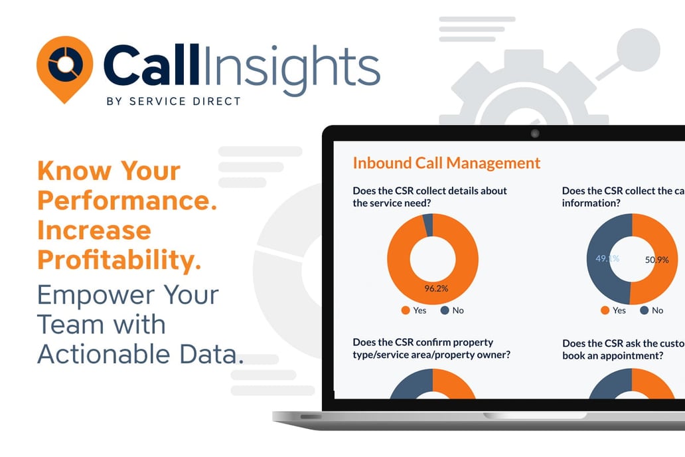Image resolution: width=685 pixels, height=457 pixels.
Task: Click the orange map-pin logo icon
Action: click(x=64, y=67)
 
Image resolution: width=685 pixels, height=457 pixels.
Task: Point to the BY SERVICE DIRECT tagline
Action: click(x=173, y=102)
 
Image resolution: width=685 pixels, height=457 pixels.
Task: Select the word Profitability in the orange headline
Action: click(x=118, y=259)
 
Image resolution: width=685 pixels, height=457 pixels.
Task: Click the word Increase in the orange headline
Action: click(x=94, y=230)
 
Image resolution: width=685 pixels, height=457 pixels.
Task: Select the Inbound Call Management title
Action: click(x=446, y=163)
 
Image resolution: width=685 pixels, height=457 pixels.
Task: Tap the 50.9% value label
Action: click(x=656, y=260)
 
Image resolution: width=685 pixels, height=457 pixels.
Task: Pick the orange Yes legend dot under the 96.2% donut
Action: click(x=405, y=310)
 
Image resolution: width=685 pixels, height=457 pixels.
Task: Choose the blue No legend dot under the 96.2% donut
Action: click(x=443, y=310)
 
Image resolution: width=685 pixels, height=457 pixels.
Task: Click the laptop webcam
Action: click(x=535, y=134)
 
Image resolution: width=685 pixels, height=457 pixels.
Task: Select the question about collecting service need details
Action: click(x=429, y=197)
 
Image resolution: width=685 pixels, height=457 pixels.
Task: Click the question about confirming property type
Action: click(x=432, y=348)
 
